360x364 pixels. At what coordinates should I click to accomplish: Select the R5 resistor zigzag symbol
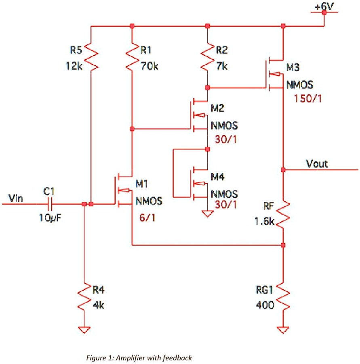[92, 57]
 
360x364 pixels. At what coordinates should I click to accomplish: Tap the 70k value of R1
[149, 66]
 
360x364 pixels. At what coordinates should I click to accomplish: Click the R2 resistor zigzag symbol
[207, 57]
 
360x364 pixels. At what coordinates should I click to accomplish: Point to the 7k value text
[222, 66]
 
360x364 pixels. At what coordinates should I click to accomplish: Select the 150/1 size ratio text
[307, 98]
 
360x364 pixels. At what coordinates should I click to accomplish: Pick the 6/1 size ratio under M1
[146, 218]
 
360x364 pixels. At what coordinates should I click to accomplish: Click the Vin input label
[15, 198]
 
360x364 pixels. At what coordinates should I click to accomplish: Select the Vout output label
[317, 164]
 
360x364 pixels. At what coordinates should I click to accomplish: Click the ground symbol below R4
[84, 329]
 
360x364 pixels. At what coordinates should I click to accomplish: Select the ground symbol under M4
[207, 213]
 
